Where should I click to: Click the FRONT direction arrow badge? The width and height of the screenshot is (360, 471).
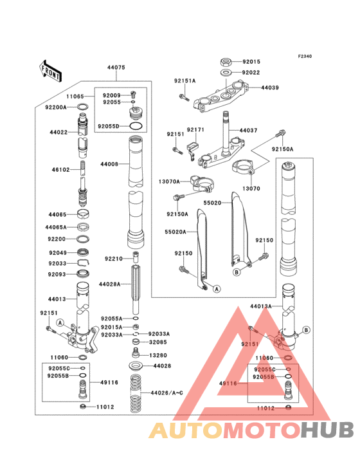pyautogui.click(x=50, y=69)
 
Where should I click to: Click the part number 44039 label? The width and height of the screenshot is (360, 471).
pyautogui.click(x=269, y=88)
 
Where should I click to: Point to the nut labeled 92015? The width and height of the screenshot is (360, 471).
pyautogui.click(x=226, y=62)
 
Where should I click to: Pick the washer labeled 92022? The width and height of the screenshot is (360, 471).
pyautogui.click(x=226, y=73)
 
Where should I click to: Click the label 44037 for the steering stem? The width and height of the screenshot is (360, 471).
pyautogui.click(x=248, y=130)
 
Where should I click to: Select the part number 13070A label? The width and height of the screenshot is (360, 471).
pyautogui.click(x=169, y=181)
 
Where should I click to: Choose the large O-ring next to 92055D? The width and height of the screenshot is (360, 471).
pyautogui.click(x=136, y=126)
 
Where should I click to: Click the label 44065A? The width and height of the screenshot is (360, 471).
pyautogui.click(x=56, y=227)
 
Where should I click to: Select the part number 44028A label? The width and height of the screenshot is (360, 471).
pyautogui.click(x=110, y=283)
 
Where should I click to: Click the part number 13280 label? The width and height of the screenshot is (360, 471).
pyautogui.click(x=157, y=355)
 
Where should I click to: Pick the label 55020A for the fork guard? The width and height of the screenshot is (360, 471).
pyautogui.click(x=175, y=232)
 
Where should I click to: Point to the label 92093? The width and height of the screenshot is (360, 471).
pyautogui.click(x=57, y=275)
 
